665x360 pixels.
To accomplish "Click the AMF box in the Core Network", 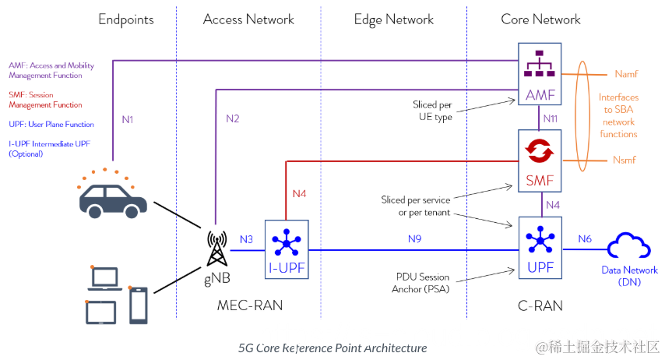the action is click(540, 74).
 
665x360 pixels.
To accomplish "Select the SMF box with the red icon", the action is click(540, 161).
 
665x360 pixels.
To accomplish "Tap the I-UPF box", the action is click(287, 249).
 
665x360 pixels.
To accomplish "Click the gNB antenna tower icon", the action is click(216, 249).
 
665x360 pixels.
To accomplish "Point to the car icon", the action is click(113, 200).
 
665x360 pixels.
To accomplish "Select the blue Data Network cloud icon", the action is click(629, 245).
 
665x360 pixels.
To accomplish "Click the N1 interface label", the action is click(128, 120).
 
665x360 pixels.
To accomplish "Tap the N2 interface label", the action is click(232, 118).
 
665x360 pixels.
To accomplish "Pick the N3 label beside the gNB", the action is click(246, 239).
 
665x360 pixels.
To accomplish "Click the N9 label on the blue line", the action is click(415, 239).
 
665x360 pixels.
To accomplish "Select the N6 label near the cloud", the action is click(585, 239).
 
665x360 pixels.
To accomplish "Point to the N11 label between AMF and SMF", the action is click(551, 118).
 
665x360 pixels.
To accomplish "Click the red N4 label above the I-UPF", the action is click(300, 193).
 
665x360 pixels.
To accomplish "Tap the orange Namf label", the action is click(626, 74).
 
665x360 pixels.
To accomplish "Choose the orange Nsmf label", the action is click(625, 160).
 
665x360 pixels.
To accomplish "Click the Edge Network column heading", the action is click(393, 19).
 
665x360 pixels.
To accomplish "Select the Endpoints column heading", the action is click(126, 19).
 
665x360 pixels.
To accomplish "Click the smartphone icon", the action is click(139, 305).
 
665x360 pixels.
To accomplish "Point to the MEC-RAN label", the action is click(250, 305).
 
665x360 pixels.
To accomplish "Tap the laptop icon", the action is click(105, 279).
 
